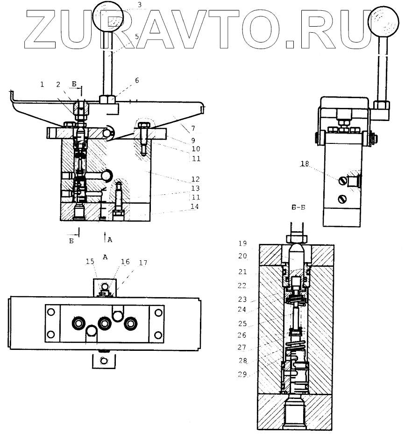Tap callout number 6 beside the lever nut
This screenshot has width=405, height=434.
(x=137, y=80)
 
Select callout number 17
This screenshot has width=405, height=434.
(x=142, y=263)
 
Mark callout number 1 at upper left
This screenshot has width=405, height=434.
(x=42, y=84)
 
